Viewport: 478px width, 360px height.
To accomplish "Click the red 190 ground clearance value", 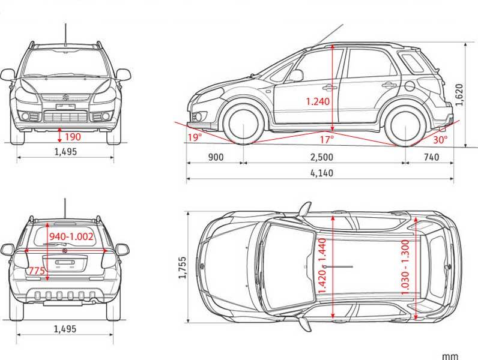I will pyautogui.click(x=71, y=136).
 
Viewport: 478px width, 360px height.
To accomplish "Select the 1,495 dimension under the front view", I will pyautogui.click(x=65, y=152).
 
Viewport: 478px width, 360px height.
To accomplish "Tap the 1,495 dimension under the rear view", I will pyautogui.click(x=65, y=329).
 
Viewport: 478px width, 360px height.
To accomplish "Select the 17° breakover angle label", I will pyautogui.click(x=326, y=139).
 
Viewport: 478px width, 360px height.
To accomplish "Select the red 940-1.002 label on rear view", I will pyautogui.click(x=71, y=236).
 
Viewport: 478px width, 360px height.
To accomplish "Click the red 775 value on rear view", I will pyautogui.click(x=37, y=272).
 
